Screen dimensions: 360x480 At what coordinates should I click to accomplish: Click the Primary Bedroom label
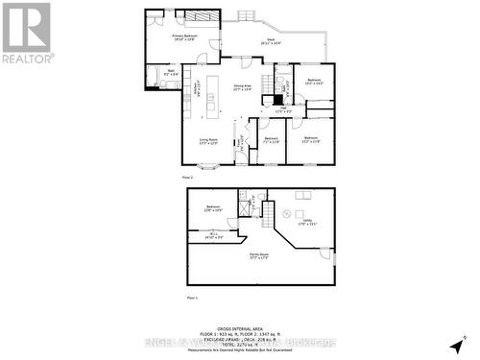point(184,37)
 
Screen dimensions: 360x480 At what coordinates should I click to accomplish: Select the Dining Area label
point(242,87)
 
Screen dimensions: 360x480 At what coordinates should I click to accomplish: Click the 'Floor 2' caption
point(188,178)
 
